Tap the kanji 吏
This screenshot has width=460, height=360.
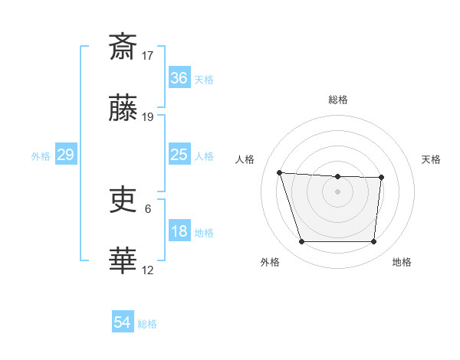(123, 201)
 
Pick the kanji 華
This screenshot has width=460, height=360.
(123, 261)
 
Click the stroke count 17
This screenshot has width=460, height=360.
(148, 55)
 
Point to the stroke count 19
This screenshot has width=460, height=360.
(148, 117)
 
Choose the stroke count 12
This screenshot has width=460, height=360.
(148, 270)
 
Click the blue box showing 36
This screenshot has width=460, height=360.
(179, 78)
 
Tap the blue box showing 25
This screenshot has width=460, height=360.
(179, 155)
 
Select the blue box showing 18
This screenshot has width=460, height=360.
(179, 231)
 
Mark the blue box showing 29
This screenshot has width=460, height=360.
(65, 155)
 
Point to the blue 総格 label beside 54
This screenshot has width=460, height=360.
(147, 324)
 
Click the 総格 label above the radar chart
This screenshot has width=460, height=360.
(338, 100)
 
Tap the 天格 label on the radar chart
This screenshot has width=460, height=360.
(432, 159)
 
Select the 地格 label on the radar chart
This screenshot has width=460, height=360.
(402, 263)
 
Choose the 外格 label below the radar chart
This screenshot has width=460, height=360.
(270, 263)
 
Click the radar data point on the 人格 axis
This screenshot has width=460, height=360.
(279, 172)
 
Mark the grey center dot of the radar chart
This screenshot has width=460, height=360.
(337, 191)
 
